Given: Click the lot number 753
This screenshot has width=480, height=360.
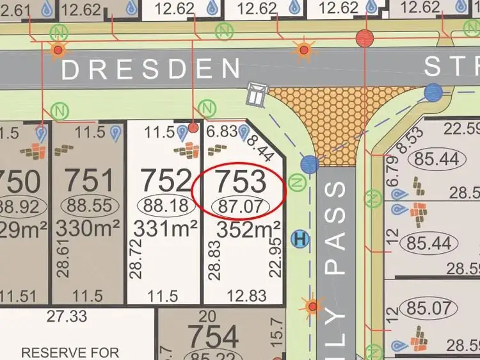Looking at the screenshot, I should (x=240, y=182).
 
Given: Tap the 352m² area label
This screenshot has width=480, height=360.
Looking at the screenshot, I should (x=248, y=229).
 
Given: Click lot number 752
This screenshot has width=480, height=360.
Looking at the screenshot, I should (x=166, y=181).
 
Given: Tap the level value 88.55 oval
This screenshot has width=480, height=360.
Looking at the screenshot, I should (x=89, y=206).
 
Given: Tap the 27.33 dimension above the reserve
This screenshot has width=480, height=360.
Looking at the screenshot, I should (x=65, y=316).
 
